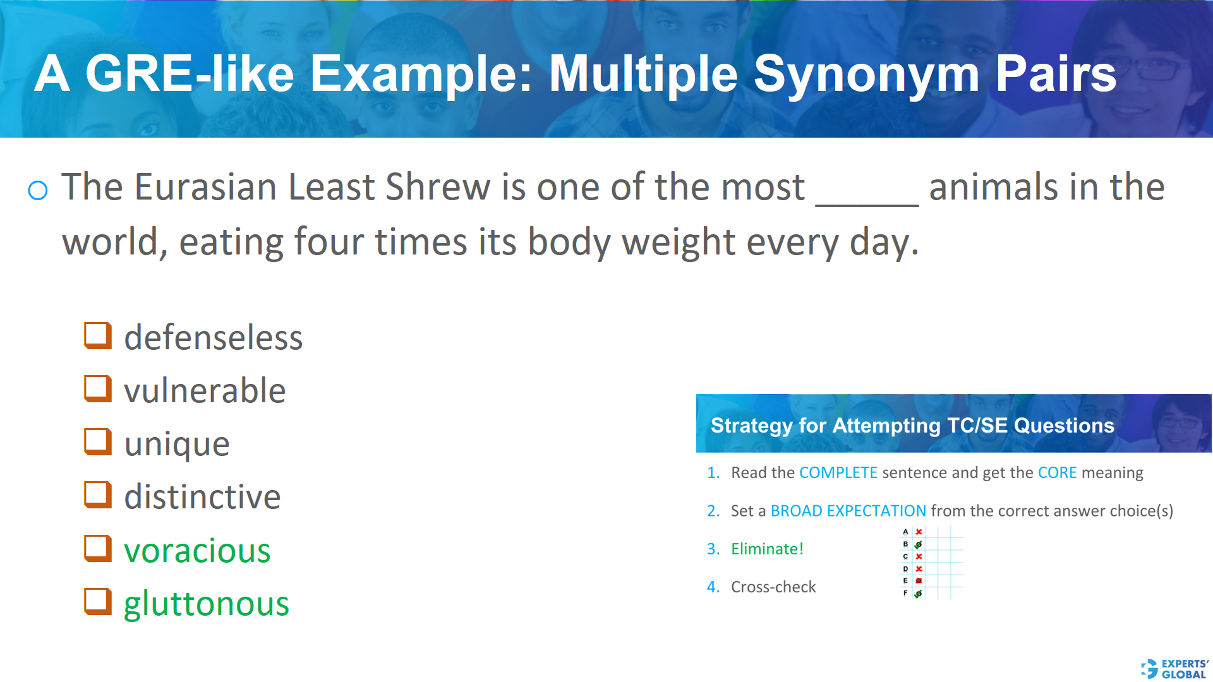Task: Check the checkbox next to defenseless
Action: pos(98,335)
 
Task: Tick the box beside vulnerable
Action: pos(98,389)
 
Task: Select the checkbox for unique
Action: pos(98,442)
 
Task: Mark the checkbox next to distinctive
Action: pos(98,495)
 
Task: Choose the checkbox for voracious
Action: pos(98,549)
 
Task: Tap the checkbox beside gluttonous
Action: pos(98,602)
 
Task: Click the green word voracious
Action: pos(197,551)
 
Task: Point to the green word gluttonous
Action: pos(206,604)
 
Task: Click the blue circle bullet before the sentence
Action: pos(38,190)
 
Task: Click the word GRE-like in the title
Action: pos(190,74)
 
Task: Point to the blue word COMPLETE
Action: pos(838,472)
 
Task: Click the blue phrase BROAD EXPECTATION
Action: pos(848,511)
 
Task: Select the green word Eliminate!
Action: pos(767,549)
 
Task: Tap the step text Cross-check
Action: pos(773,587)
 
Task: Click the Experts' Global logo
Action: pos(1175,669)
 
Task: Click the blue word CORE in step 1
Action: pos(1057,472)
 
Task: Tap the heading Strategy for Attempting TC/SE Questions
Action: pos(912,426)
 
